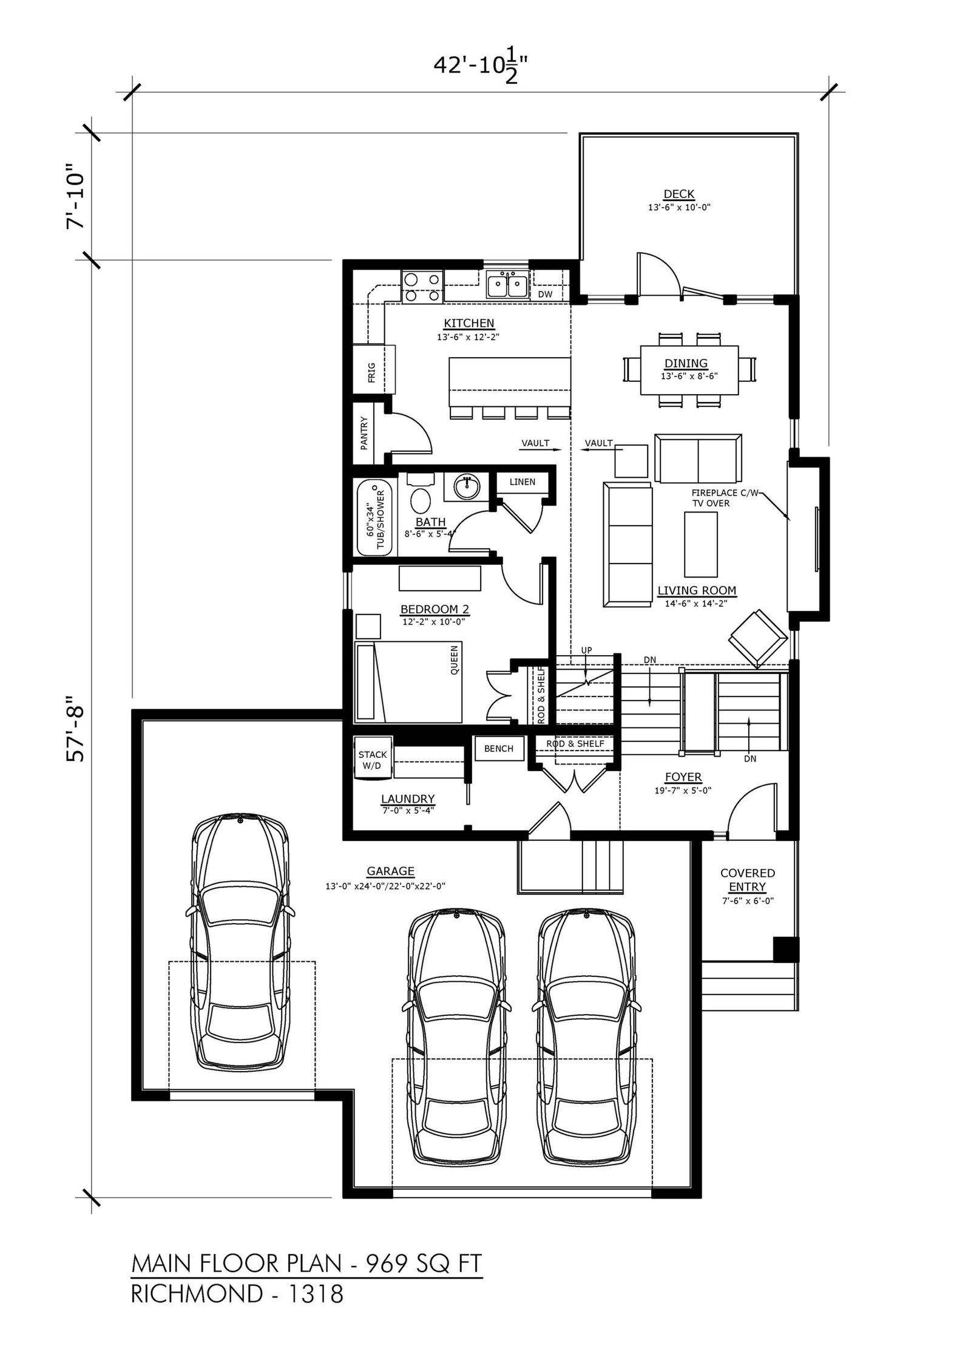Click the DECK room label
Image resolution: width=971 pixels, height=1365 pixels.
[x=678, y=194]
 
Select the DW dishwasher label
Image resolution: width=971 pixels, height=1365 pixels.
[x=545, y=294]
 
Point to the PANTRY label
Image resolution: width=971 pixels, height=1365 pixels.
[x=364, y=432]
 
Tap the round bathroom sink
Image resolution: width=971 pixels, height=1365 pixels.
[x=467, y=486]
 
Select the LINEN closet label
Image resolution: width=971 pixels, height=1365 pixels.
[x=523, y=482]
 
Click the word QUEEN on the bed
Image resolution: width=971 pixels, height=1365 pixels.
[x=455, y=660]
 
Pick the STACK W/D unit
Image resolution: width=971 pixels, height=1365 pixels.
[x=373, y=760]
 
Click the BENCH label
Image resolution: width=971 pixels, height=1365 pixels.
[x=498, y=749]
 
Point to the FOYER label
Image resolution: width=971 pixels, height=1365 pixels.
[x=683, y=777]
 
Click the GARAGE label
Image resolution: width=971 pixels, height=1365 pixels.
[x=390, y=871]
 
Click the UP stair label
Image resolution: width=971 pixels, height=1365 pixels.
[x=586, y=650]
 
